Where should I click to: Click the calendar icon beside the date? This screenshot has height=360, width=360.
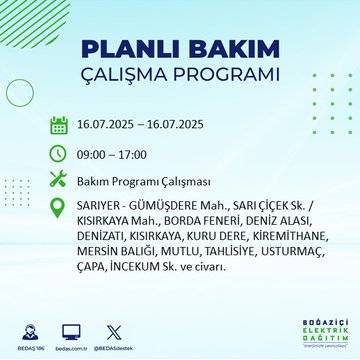pyautogui.click(x=58, y=126)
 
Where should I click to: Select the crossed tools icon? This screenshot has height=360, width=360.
pyautogui.click(x=58, y=180)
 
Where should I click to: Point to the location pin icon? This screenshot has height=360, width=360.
pyautogui.click(x=58, y=207)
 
